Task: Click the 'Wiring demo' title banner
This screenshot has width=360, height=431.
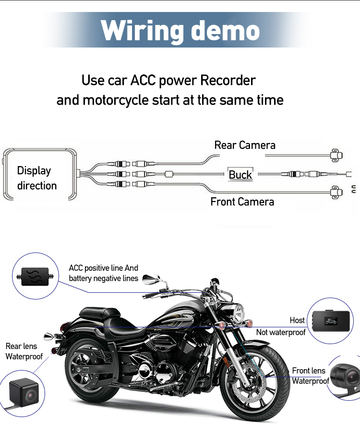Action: pyautogui.click(x=180, y=30)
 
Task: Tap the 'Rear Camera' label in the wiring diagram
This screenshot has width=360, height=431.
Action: pyautogui.click(x=245, y=145)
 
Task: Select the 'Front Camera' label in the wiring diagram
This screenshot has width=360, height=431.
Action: pyautogui.click(x=242, y=202)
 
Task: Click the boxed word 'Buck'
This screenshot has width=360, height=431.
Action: pyautogui.click(x=240, y=174)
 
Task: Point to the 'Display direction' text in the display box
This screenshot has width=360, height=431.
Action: pyautogui.click(x=37, y=178)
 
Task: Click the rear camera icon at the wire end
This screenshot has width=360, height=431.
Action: pyautogui.click(x=336, y=156)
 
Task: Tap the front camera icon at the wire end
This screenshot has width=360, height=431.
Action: pyautogui.click(x=336, y=192)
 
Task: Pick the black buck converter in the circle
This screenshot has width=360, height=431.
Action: pyautogui.click(x=35, y=276)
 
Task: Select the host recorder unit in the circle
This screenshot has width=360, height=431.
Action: pyautogui.click(x=332, y=320)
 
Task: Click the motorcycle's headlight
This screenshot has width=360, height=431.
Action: pyautogui.click(x=238, y=313)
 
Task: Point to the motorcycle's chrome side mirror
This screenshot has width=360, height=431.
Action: pyautogui.click(x=151, y=279)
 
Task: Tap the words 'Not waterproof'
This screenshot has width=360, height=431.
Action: pyautogui.click(x=281, y=332)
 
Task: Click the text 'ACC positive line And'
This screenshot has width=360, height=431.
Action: pyautogui.click(x=103, y=268)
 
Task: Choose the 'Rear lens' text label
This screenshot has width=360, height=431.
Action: pyautogui.click(x=21, y=346)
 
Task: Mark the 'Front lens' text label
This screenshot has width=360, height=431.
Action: pyautogui.click(x=309, y=371)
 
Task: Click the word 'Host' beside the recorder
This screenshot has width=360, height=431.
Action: pyautogui.click(x=297, y=320)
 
